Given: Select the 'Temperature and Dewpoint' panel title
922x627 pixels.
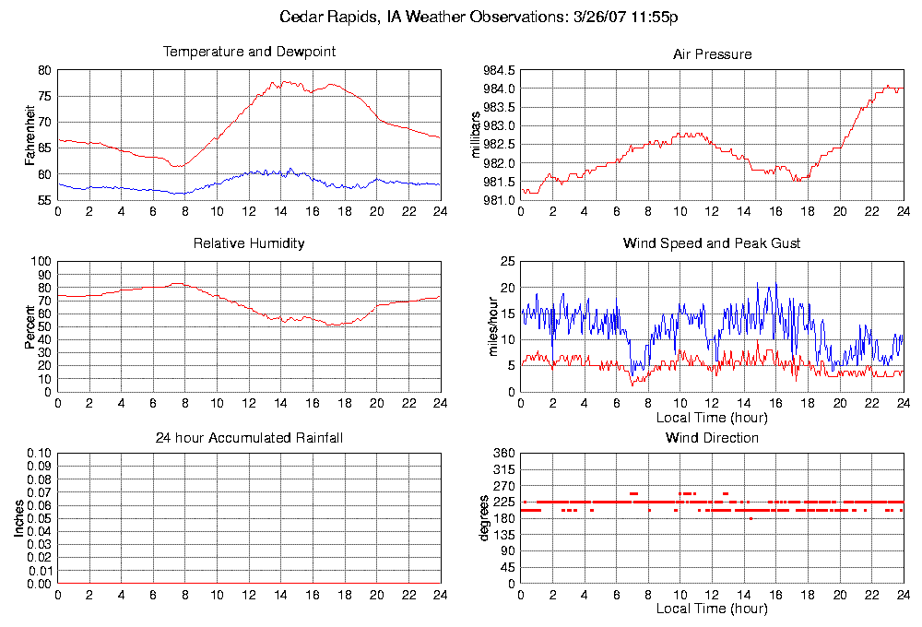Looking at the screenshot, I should tap(249, 52).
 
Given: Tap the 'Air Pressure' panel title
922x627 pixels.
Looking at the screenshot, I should tap(712, 54).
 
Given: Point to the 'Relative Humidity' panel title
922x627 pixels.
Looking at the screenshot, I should tap(249, 243).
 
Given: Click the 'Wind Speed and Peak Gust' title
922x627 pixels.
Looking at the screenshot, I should tap(712, 243).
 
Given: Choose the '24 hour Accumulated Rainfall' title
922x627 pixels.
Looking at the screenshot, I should tap(249, 438).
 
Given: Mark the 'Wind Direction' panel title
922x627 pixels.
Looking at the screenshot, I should tap(712, 438).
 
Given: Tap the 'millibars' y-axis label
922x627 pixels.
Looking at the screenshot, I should tap(477, 135).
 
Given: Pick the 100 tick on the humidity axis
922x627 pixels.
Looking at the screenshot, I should tap(41, 262).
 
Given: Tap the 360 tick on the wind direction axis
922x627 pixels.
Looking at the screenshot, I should tap(503, 454).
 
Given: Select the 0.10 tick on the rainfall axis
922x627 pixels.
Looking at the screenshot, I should tap(40, 454).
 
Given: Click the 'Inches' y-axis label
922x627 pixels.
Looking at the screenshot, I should tap(19, 519).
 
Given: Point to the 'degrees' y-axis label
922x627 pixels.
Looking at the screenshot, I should tap(484, 518).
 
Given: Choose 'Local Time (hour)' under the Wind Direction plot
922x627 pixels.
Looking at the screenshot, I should tap(712, 609).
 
